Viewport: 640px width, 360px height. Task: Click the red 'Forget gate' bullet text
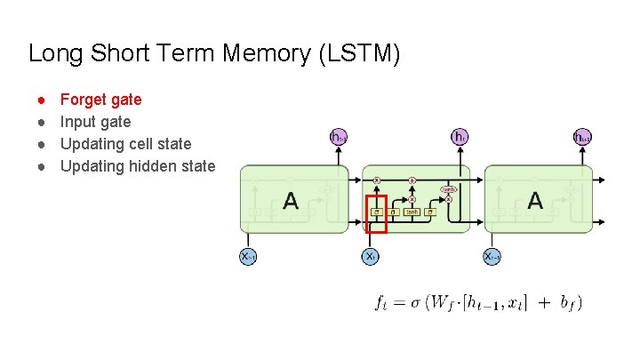tap(100, 100)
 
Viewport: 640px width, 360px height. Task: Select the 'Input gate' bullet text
tap(95, 122)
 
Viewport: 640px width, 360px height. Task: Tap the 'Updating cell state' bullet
tap(125, 143)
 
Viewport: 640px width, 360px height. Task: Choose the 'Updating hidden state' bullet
tap(137, 165)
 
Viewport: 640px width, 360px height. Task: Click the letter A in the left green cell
tap(290, 201)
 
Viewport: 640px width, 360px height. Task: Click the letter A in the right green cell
tap(534, 201)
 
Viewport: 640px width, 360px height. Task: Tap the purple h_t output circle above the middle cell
tap(460, 137)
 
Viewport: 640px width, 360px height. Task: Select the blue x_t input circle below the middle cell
tap(372, 256)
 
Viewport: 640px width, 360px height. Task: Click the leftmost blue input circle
tap(249, 256)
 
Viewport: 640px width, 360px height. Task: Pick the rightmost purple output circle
tap(582, 137)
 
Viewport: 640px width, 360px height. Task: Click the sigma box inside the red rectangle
tap(377, 212)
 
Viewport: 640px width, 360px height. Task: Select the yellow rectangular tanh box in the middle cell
tap(412, 212)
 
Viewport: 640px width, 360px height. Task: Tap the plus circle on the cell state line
tap(412, 180)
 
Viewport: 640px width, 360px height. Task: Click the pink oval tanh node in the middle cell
tap(449, 188)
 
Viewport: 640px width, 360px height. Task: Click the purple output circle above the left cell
tap(338, 137)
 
